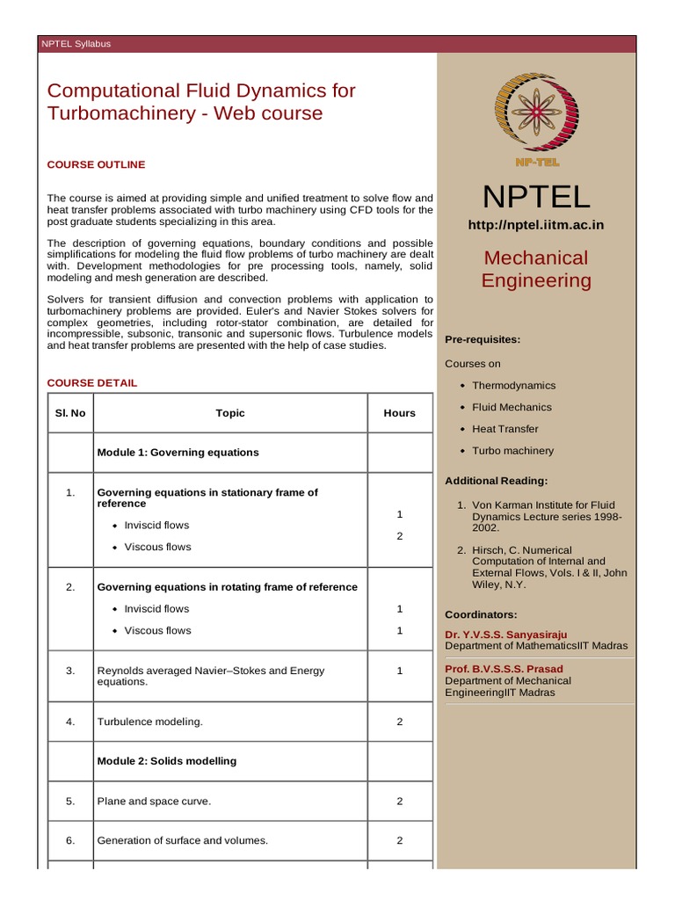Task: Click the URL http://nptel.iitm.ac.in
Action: pos(535,225)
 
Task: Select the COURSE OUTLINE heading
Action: pos(96,164)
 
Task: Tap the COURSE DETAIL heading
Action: pos(91,383)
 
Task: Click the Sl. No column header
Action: pos(70,413)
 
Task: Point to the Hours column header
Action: pos(399,413)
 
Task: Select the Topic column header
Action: pos(230,413)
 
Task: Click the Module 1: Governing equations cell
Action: pos(178,453)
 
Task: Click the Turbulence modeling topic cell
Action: pos(149,722)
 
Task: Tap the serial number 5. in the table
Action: pos(70,802)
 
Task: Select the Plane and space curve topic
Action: pos(154,802)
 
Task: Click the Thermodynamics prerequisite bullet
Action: pos(513,385)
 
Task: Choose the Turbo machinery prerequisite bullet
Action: pos(512,451)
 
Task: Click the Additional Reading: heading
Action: pos(496,481)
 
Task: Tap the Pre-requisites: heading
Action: pos(483,338)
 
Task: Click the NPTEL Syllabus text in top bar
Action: pos(76,44)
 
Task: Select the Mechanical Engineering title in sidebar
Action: pos(535,269)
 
